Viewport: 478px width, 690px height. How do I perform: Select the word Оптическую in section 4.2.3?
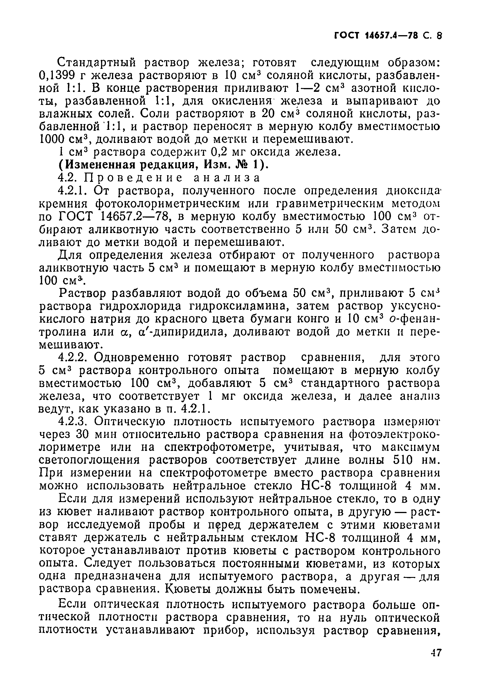coord(129,422)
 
